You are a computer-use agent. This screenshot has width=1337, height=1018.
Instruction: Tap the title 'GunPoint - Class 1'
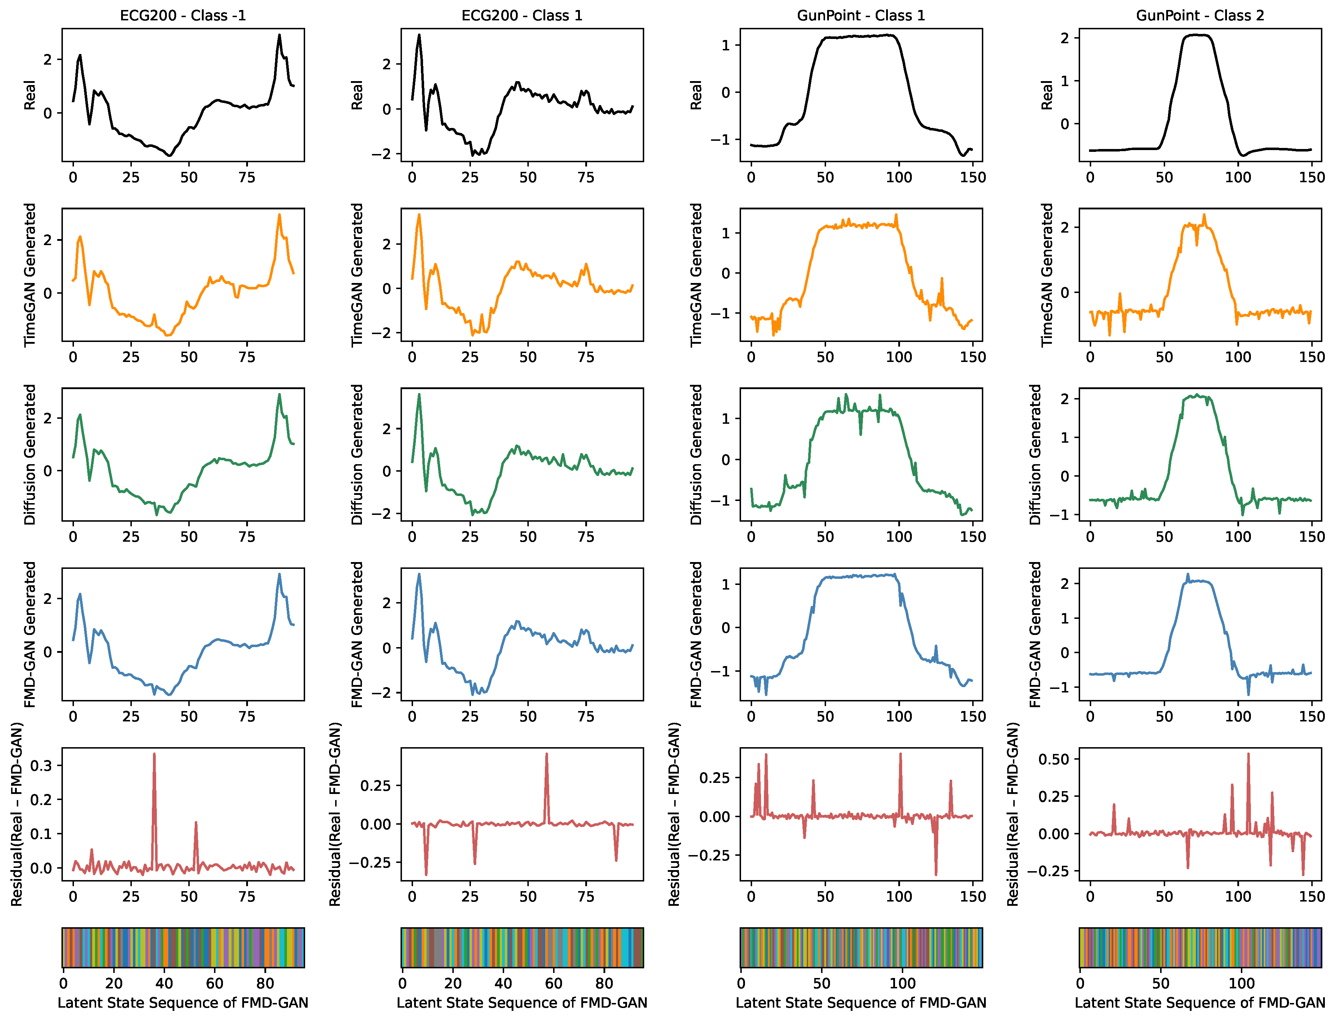pyautogui.click(x=860, y=15)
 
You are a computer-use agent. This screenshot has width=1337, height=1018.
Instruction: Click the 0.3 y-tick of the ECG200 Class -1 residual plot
pyautogui.click(x=41, y=765)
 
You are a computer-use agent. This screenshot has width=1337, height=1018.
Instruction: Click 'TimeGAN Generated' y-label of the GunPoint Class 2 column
pyautogui.click(x=1047, y=274)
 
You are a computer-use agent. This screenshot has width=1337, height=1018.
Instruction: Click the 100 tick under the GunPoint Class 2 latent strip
pyautogui.click(x=1241, y=983)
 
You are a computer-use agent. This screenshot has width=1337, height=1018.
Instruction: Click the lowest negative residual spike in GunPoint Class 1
pyautogui.click(x=936, y=874)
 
